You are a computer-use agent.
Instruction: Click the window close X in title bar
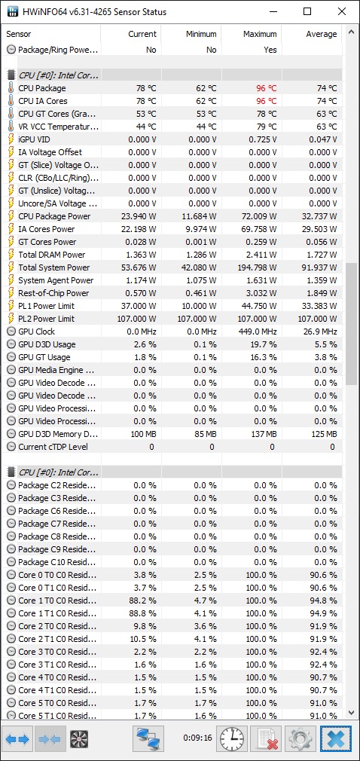coord(342,11)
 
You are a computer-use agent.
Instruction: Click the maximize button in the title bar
coord(307,11)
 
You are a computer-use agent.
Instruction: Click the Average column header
coord(321,34)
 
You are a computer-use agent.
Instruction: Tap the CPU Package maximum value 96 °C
coord(267,88)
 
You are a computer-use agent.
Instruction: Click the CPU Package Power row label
coord(54,216)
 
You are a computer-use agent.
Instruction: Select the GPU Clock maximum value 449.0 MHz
coord(258,332)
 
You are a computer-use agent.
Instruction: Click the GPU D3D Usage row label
coord(47,344)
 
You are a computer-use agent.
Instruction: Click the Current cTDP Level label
coord(53,447)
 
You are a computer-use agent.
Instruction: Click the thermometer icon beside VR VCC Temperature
coord(11,127)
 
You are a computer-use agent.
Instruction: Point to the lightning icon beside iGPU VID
coord(11,139)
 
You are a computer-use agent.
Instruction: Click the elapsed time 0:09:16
coord(197,738)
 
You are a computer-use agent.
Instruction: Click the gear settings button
coord(301,738)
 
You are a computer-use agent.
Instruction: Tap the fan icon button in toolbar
coord(78,738)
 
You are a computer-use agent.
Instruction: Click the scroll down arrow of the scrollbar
coord(351,713)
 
